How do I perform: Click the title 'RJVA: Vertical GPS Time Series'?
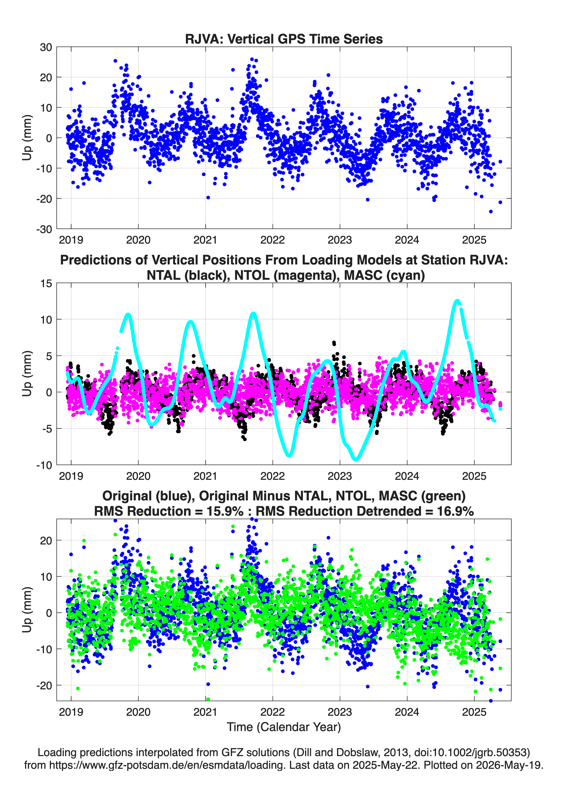click(284, 39)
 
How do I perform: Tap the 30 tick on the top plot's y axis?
click(46, 47)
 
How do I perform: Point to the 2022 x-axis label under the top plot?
click(273, 240)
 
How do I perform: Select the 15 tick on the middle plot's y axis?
click(46, 283)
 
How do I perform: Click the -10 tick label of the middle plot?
click(44, 465)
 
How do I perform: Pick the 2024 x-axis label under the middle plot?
click(407, 476)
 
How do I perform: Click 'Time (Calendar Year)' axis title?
click(284, 727)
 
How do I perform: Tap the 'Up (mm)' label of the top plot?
click(27, 138)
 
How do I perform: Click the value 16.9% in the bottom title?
click(455, 511)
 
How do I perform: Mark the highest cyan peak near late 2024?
click(457, 301)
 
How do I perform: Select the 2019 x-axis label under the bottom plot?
click(71, 712)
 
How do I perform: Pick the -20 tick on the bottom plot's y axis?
click(44, 686)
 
